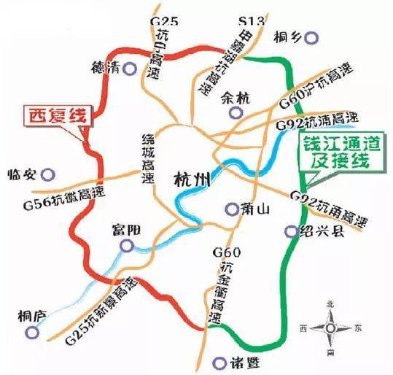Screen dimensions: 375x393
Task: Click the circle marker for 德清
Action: coord(131,69)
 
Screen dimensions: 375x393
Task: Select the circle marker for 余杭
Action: coord(235,112)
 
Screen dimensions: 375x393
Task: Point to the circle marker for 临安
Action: coord(48,174)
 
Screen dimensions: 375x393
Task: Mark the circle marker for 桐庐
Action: coord(30,332)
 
